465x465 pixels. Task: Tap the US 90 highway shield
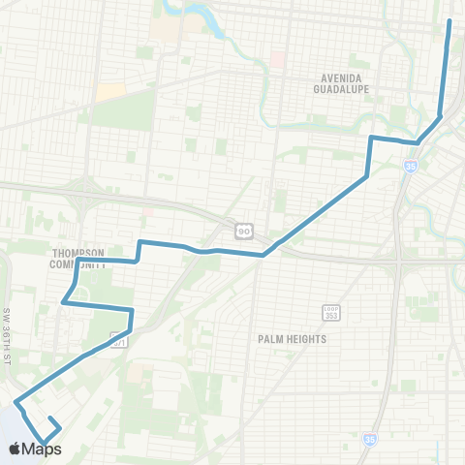pyautogui.click(x=242, y=230)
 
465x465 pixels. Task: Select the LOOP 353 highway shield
pyautogui.click(x=330, y=312)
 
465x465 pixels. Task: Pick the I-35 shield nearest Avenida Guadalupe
pyautogui.click(x=411, y=167)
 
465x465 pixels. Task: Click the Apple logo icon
pyautogui.click(x=15, y=449)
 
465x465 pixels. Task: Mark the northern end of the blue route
pyautogui.click(x=449, y=20)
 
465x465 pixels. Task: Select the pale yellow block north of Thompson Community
pyautogui.click(x=110, y=90)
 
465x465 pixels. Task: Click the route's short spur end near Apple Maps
pyautogui.click(x=49, y=418)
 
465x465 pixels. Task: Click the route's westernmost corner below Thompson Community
pyautogui.click(x=64, y=303)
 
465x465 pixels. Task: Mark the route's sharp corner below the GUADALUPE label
pyautogui.click(x=371, y=138)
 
